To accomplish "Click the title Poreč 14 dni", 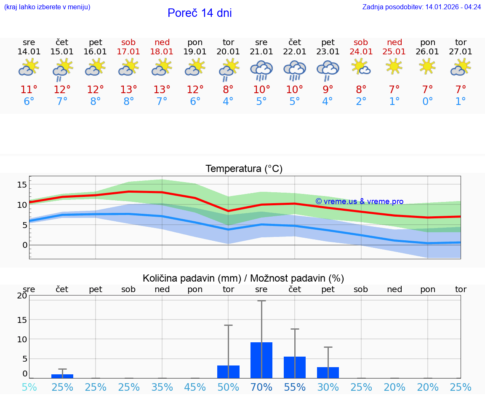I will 200,13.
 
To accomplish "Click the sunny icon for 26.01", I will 427,67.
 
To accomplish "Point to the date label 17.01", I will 128,52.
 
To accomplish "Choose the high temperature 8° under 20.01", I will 228,90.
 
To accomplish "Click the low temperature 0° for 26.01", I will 427,102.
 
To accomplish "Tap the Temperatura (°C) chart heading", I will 244,169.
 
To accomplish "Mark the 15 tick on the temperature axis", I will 22,185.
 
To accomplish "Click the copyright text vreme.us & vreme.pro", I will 360,201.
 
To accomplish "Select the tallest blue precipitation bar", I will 261,360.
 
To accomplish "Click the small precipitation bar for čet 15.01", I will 62,376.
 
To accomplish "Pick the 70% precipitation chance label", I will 261,387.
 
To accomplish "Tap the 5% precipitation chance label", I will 29,387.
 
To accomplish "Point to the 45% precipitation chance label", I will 195,387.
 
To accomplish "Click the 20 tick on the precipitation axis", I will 22,296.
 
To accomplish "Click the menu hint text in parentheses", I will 47,7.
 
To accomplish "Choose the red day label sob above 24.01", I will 361,42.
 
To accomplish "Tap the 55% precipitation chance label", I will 295,387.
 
